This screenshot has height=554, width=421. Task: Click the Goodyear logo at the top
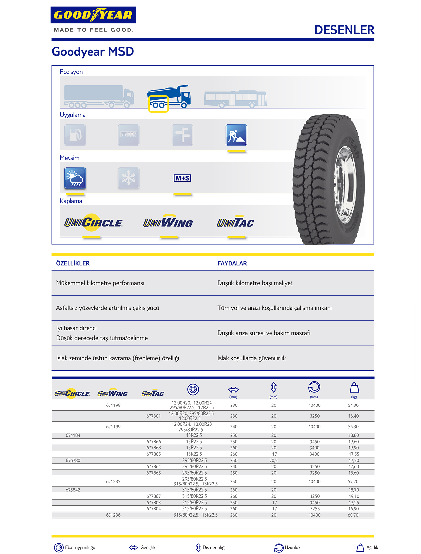pos(93,15)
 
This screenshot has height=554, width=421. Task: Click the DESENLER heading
pos(344,30)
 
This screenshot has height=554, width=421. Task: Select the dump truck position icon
pos(169,97)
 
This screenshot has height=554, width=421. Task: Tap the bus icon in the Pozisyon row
pos(235,99)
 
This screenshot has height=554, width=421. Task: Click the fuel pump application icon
pos(75,135)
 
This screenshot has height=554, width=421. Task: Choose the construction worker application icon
pos(236,135)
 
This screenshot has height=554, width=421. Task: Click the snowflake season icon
pos(129,178)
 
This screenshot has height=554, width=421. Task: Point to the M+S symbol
pos(183,178)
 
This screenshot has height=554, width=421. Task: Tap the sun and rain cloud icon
pos(75,178)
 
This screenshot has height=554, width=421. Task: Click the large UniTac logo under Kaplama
pos(236,223)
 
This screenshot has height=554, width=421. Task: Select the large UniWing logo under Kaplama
pos(168,223)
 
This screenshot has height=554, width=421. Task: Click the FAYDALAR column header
pos(232,263)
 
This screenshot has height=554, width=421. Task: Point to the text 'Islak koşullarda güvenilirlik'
pos(251,358)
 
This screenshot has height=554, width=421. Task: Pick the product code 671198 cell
pos(113,405)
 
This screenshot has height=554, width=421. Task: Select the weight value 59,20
pos(353,482)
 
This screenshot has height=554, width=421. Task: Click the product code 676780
pos(73,460)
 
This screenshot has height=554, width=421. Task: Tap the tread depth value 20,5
pos(273,460)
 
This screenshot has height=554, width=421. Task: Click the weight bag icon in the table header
pos(354,388)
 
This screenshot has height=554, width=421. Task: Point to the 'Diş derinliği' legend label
pos(214,547)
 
